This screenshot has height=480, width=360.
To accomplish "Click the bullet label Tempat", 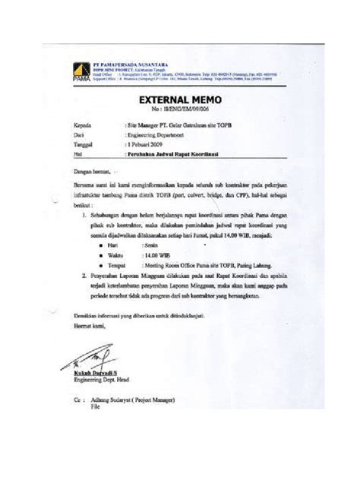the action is click(117, 267).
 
